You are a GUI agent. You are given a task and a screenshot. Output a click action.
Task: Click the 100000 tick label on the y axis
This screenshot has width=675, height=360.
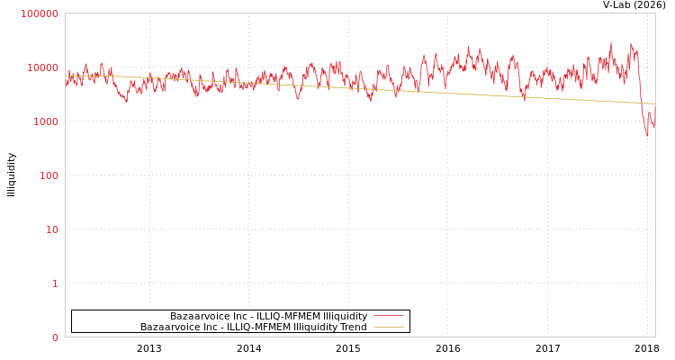point(40,13)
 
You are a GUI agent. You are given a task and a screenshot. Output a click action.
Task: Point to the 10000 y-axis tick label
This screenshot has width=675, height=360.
point(42,67)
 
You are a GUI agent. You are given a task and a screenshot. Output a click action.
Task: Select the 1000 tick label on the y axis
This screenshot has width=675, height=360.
point(45,121)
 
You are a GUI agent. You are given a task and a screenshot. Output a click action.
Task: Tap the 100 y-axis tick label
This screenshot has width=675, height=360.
point(48,175)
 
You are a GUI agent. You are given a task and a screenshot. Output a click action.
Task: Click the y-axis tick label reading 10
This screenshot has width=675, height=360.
point(51,229)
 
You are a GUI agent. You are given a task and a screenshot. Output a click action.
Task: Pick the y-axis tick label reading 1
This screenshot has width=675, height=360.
point(54,283)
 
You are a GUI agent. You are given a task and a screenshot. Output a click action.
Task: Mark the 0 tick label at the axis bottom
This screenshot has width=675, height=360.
point(54,337)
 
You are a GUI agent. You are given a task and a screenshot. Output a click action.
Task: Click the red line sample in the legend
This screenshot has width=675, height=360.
point(388,316)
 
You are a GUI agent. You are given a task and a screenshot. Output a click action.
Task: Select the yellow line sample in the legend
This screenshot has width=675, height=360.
point(388,327)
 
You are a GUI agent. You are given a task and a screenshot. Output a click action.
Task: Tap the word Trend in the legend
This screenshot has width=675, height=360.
point(353,327)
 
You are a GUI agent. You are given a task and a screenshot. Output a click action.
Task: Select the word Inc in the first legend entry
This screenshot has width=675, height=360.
point(236,316)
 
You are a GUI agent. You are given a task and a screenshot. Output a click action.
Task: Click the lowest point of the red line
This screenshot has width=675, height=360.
point(647,136)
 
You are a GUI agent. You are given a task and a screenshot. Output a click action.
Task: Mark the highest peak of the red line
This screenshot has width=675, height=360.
point(611,42)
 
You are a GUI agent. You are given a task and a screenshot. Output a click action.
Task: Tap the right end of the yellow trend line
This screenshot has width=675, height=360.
point(654,103)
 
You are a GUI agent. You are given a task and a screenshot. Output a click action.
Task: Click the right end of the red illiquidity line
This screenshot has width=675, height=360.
point(654,127)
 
